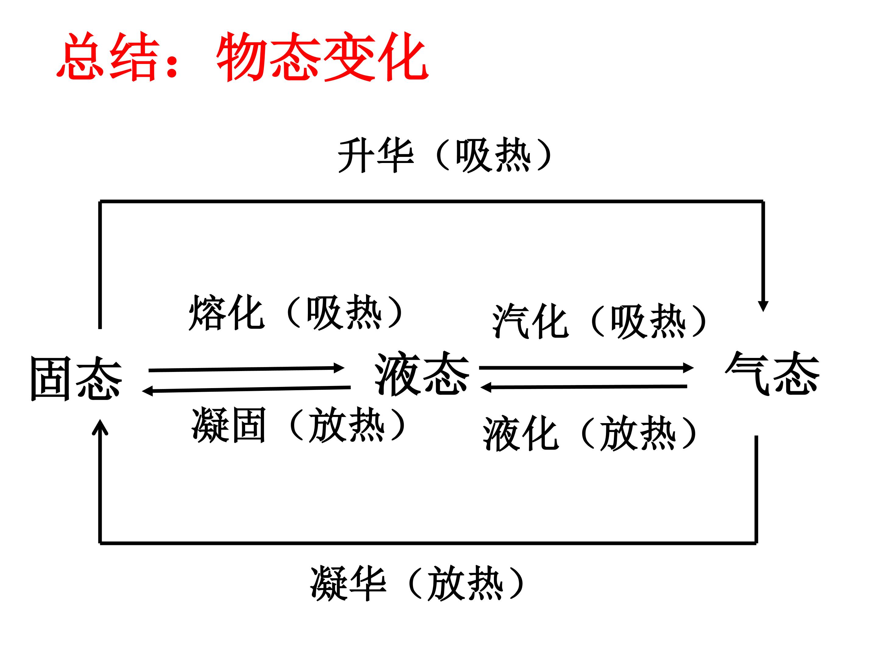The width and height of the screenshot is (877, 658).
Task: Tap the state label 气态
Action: [x=772, y=373]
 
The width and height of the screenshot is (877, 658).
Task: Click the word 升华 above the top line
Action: [x=376, y=155]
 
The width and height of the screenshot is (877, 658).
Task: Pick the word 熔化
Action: [x=226, y=313]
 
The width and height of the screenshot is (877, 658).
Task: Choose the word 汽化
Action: [x=530, y=321]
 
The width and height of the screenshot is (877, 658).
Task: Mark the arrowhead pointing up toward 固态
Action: [x=100, y=428]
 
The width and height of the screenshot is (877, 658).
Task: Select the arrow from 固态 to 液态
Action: [x=246, y=369]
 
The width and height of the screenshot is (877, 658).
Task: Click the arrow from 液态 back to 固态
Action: [x=246, y=390]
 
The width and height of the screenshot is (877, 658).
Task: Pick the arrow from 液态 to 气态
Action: [x=586, y=368]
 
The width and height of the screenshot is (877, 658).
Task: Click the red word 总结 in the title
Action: [x=108, y=56]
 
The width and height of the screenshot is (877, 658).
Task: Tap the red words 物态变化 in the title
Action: [x=322, y=56]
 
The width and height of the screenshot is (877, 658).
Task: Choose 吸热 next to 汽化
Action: [x=648, y=321]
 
